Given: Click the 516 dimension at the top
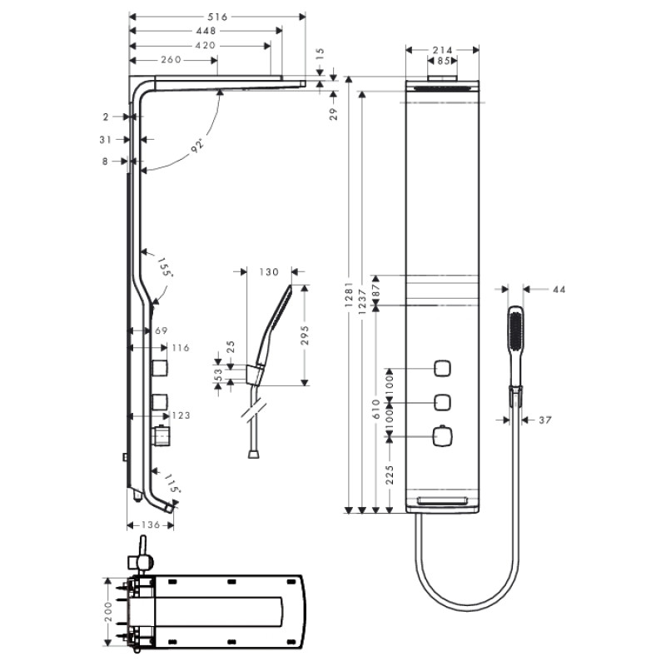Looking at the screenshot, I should [218, 17].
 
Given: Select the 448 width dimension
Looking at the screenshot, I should [206, 31].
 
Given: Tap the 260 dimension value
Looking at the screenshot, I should [170, 60].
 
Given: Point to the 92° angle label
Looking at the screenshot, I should [196, 147].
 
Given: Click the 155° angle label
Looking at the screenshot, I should [165, 268].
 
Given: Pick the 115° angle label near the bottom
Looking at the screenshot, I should [171, 483].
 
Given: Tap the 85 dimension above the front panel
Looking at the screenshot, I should [443, 61].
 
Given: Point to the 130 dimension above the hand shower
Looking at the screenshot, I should [270, 272].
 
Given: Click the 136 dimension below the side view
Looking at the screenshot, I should [151, 525].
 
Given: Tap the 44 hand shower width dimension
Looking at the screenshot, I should [558, 289].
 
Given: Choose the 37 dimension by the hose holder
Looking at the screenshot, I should [544, 420].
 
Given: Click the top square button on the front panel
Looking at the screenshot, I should [442, 369].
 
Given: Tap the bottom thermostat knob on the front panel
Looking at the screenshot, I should [442, 435].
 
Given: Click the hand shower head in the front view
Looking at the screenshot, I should [515, 337].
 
